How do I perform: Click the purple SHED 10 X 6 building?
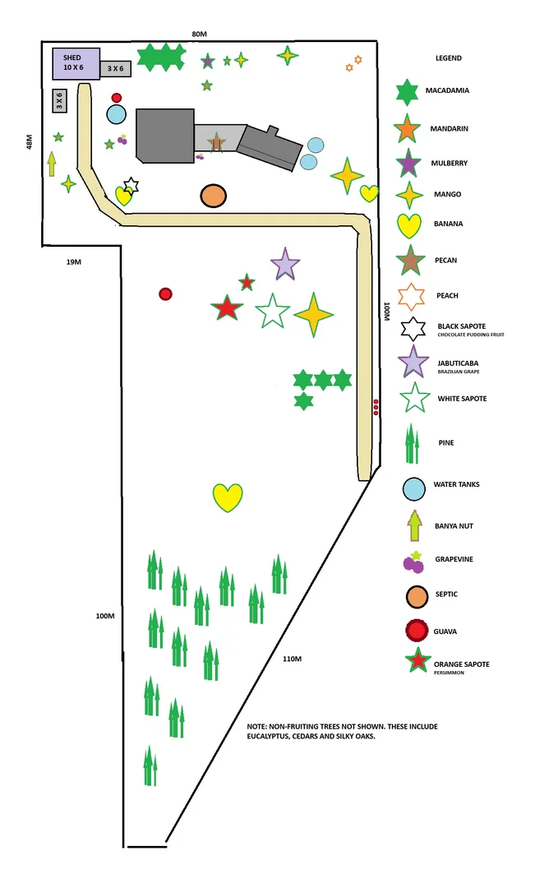(x=76, y=63)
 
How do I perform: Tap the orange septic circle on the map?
(x=213, y=196)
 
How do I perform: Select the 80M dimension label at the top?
(x=199, y=34)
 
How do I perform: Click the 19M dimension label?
(x=74, y=262)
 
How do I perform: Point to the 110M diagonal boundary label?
(x=292, y=659)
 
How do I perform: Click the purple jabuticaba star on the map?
(x=284, y=265)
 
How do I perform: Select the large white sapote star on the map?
(x=272, y=312)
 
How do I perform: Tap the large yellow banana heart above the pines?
(x=228, y=497)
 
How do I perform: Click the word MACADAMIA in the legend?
(x=447, y=90)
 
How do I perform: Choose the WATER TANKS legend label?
(x=456, y=484)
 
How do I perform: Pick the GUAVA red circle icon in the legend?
(x=417, y=631)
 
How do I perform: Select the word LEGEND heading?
(x=448, y=58)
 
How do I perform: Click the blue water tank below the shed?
(x=116, y=115)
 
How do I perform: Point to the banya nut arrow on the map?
(x=52, y=164)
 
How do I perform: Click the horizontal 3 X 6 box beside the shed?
(x=115, y=68)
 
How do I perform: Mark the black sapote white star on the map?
(x=131, y=185)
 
